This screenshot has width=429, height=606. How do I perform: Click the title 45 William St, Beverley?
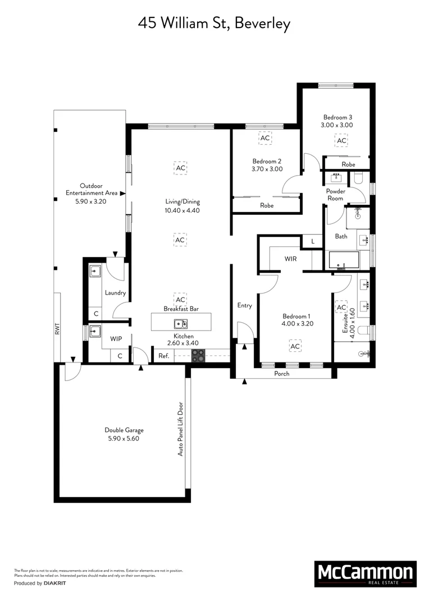tap(214, 24)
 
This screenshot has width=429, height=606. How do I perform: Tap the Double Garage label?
tap(122, 434)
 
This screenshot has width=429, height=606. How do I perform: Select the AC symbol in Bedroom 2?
tap(264, 137)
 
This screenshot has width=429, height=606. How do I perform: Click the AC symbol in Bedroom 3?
tap(341, 140)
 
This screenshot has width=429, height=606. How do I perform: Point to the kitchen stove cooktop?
tap(199, 355)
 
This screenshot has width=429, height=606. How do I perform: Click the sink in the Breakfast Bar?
tap(181, 324)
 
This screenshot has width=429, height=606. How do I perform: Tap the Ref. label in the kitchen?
tap(163, 355)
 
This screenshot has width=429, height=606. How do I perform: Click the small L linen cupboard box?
tap(312, 241)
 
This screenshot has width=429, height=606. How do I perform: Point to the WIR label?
tap(290, 259)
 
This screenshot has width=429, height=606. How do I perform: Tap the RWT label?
tap(57, 328)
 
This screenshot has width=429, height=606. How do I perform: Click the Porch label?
tap(281, 374)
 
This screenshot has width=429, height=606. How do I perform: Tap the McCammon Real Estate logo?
tap(365, 573)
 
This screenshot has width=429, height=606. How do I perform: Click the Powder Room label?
tap(336, 195)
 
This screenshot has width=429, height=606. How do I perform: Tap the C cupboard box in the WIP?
tap(120, 355)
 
